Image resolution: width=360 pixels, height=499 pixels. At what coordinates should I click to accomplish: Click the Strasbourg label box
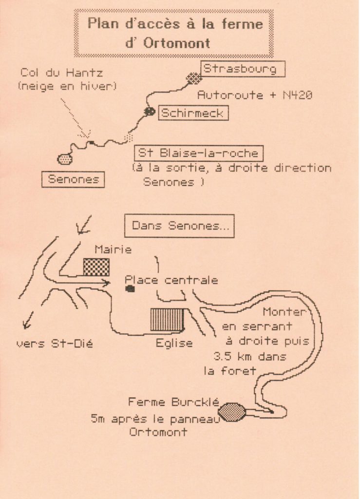pyautogui.click(x=242, y=69)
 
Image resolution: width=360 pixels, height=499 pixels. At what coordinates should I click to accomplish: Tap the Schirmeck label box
pyautogui.click(x=192, y=113)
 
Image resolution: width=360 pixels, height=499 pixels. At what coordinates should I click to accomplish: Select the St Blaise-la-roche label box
pyautogui.click(x=198, y=153)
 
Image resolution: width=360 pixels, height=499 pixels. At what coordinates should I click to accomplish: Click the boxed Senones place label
pyautogui.click(x=73, y=179)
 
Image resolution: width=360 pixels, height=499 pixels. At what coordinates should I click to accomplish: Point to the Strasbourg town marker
pyautogui.click(x=194, y=77)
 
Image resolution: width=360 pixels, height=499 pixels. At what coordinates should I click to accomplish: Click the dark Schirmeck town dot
pyautogui.click(x=150, y=112)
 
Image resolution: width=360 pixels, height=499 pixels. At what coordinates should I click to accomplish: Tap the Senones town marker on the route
pyautogui.click(x=65, y=158)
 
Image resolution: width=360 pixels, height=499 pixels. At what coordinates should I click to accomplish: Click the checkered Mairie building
pyautogui.click(x=96, y=267)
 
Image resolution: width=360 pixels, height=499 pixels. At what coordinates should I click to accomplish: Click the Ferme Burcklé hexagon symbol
pyautogui.click(x=231, y=412)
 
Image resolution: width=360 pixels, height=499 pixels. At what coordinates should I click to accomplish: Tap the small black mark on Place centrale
pyautogui.click(x=130, y=289)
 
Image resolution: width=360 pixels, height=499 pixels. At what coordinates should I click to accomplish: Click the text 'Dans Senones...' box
pyautogui.click(x=179, y=226)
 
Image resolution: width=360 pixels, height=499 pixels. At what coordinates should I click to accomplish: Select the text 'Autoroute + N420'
pyautogui.click(x=254, y=96)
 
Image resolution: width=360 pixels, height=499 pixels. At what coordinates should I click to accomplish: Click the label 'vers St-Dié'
pyautogui.click(x=54, y=344)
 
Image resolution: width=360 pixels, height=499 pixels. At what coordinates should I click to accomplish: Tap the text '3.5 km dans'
pyautogui.click(x=249, y=356)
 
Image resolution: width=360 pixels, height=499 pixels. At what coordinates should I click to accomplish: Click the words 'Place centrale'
pyautogui.click(x=171, y=280)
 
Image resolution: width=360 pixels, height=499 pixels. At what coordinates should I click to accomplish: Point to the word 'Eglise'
pyautogui.click(x=174, y=343)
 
